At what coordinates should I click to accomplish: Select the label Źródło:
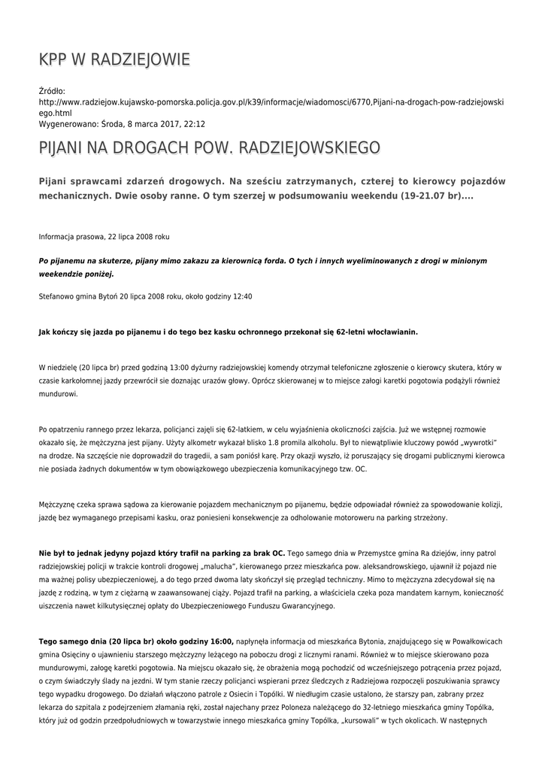(x=52, y=91)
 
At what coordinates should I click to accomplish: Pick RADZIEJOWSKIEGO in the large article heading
(x=309, y=148)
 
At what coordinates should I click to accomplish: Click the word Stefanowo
(x=56, y=296)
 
